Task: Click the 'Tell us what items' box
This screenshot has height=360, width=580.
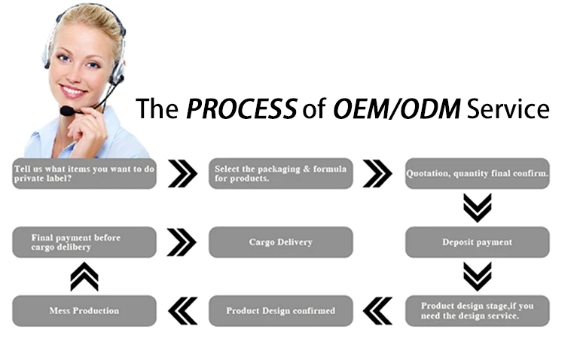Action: [x=84, y=173]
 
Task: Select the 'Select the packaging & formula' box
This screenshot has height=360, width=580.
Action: [x=280, y=173]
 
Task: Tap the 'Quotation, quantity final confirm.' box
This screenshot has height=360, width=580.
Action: [x=478, y=173]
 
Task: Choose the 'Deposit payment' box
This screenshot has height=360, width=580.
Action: [x=478, y=242]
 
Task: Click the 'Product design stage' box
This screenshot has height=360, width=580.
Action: [x=478, y=310]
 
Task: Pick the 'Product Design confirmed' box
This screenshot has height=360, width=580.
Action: [x=280, y=310]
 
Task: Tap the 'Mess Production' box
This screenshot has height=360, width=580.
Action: [x=84, y=310]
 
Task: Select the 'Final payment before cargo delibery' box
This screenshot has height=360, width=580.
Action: [x=84, y=242]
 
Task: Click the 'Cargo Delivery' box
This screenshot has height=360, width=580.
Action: [x=280, y=242]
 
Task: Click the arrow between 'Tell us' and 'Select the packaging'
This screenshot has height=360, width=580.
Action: [x=182, y=173]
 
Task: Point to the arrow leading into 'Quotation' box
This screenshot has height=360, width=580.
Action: [x=377, y=173]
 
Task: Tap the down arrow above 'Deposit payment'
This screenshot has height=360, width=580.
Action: [x=477, y=208]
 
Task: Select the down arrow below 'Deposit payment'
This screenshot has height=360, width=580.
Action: [x=477, y=276]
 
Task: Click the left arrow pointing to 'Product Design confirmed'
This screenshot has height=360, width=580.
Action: [x=377, y=310]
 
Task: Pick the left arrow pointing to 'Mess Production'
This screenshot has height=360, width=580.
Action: [x=182, y=310]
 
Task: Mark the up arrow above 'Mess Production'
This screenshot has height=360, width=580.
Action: [x=84, y=276]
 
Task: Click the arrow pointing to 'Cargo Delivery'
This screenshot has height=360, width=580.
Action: [x=182, y=242]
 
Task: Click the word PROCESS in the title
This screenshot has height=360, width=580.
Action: [x=241, y=110]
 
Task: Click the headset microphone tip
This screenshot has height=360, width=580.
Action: [x=66, y=111]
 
